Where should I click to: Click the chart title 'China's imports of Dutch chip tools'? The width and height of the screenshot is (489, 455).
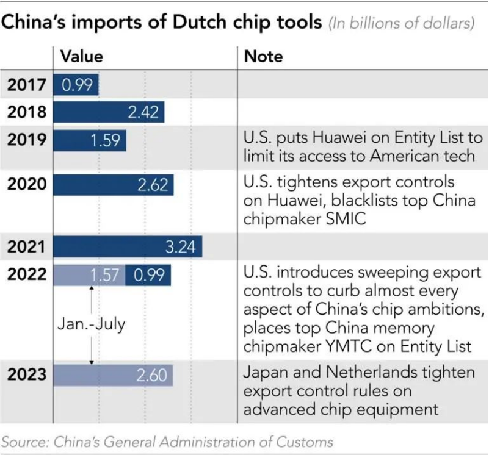coord(162,23)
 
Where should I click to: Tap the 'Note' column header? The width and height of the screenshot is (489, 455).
coord(264,57)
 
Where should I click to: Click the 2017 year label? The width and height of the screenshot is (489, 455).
coord(26,85)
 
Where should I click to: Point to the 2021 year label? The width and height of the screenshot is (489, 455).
coord(26,246)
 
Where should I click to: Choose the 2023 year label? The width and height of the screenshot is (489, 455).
coord(26,374)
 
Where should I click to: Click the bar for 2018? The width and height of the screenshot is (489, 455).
coord(109,112)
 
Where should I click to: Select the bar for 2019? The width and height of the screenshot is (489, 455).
coord(90,140)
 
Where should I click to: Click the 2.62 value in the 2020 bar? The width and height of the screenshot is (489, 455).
coord(153,184)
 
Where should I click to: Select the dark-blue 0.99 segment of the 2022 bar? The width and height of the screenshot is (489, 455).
coord(148,275)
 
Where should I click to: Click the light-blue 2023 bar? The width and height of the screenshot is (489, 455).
coord(113,374)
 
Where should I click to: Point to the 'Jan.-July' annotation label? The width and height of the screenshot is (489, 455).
coord(91,323)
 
